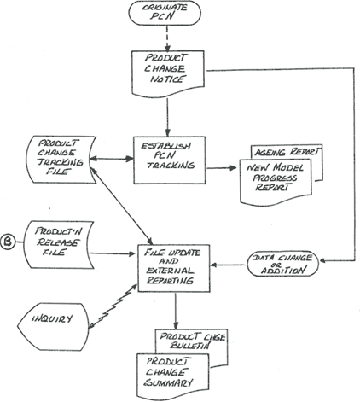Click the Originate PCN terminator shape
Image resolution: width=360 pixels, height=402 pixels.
tap(165, 13)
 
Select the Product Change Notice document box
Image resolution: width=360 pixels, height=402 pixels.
tap(168, 73)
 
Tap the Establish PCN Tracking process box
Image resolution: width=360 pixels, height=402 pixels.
tap(170, 160)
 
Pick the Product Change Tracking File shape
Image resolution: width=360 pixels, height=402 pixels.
tap(61, 159)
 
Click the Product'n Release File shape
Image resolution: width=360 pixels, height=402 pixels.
tap(57, 245)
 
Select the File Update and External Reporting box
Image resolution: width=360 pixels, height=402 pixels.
tap(174, 268)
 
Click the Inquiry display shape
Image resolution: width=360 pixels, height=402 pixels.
tap(53, 326)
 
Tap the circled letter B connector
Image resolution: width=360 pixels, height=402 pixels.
tap(8, 242)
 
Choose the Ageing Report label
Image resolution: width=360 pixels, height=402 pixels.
tap(287, 152)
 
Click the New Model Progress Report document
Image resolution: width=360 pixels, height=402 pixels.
tap(276, 182)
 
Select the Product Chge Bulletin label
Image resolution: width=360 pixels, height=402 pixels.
tap(192, 341)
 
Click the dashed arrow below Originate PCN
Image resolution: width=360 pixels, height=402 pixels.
tap(167, 38)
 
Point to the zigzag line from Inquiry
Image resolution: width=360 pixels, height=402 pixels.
tap(113, 306)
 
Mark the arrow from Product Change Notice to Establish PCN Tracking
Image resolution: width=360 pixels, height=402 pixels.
tap(167, 117)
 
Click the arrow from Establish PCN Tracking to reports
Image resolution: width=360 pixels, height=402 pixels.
tap(222, 167)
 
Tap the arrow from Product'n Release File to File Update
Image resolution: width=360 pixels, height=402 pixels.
tap(112, 253)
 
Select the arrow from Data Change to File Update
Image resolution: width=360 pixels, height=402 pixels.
tap(227, 265)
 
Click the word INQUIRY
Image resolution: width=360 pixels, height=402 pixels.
tap(52, 318)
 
